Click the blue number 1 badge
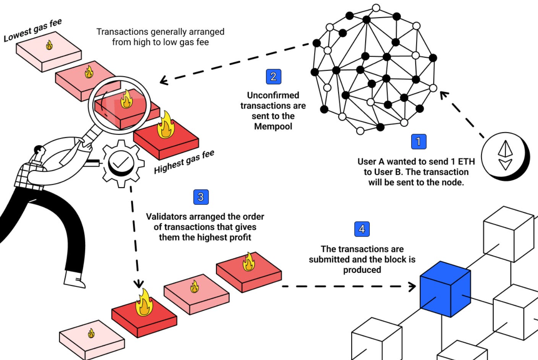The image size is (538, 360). pos(418,141)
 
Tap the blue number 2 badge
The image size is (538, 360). pos(273,76)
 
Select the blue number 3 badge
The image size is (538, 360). pos(201,197)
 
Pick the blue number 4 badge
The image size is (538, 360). pos(362,229)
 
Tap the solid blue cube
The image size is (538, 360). pos(445,289)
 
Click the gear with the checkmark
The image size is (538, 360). pos(121,163)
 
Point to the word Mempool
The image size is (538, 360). pos(273,126)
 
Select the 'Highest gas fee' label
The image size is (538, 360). pos(184,162)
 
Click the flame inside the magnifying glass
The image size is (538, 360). pos(126,100)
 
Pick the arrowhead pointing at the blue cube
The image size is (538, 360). pos(412,286)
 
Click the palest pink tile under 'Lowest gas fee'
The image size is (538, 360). pos(49,54)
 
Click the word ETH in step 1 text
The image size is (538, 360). pos(466,161)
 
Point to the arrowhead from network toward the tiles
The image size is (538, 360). pos(164,80)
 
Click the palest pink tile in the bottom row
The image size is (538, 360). pos(92,339)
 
